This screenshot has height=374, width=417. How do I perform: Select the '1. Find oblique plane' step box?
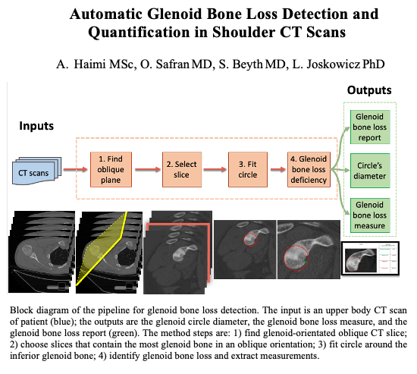click(111, 170)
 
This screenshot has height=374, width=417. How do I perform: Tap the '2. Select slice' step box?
click(182, 170)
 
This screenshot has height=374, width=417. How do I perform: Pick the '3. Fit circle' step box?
click(248, 170)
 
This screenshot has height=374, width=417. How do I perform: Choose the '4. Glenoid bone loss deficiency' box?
click(309, 170)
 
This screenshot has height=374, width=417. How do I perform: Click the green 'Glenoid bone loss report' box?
click(370, 127)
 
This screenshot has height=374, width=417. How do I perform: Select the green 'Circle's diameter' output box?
click(370, 171)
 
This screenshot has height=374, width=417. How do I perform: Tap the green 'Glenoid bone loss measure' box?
click(370, 215)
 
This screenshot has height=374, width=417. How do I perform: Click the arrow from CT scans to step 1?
click(76, 169)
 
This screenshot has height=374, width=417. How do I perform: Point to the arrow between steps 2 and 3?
click(215, 169)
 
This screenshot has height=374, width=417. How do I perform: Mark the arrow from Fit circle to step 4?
click(278, 169)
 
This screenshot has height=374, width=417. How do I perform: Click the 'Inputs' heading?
click(36, 126)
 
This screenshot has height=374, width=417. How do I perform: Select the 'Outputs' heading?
click(369, 90)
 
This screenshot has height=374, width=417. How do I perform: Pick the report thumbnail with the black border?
click(371, 259)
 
